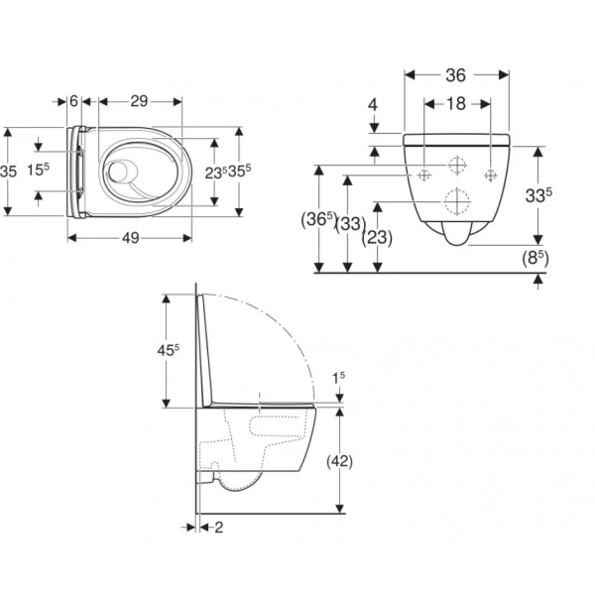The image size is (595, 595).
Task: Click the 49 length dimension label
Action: tap(131, 238)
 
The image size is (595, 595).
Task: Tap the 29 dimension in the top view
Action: tap(139, 101)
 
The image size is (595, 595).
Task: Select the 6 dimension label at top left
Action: tap(74, 101)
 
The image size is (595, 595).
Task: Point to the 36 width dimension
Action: tap(456, 75)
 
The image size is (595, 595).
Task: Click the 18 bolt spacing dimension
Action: tap(456, 103)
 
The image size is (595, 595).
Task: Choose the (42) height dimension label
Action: tap(339, 461)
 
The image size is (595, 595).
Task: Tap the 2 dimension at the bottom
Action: tap(219, 528)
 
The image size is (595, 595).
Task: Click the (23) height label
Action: tap(377, 238)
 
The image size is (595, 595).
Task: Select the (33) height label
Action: tap(351, 224)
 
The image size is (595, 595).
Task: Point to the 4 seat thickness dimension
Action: tap(373, 105)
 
